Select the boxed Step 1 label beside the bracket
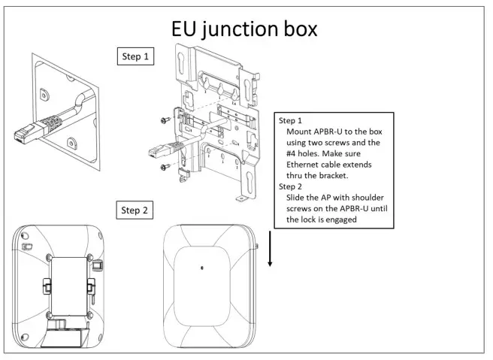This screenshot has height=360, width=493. point(137,57)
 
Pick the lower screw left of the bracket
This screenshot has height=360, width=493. point(163,168)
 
